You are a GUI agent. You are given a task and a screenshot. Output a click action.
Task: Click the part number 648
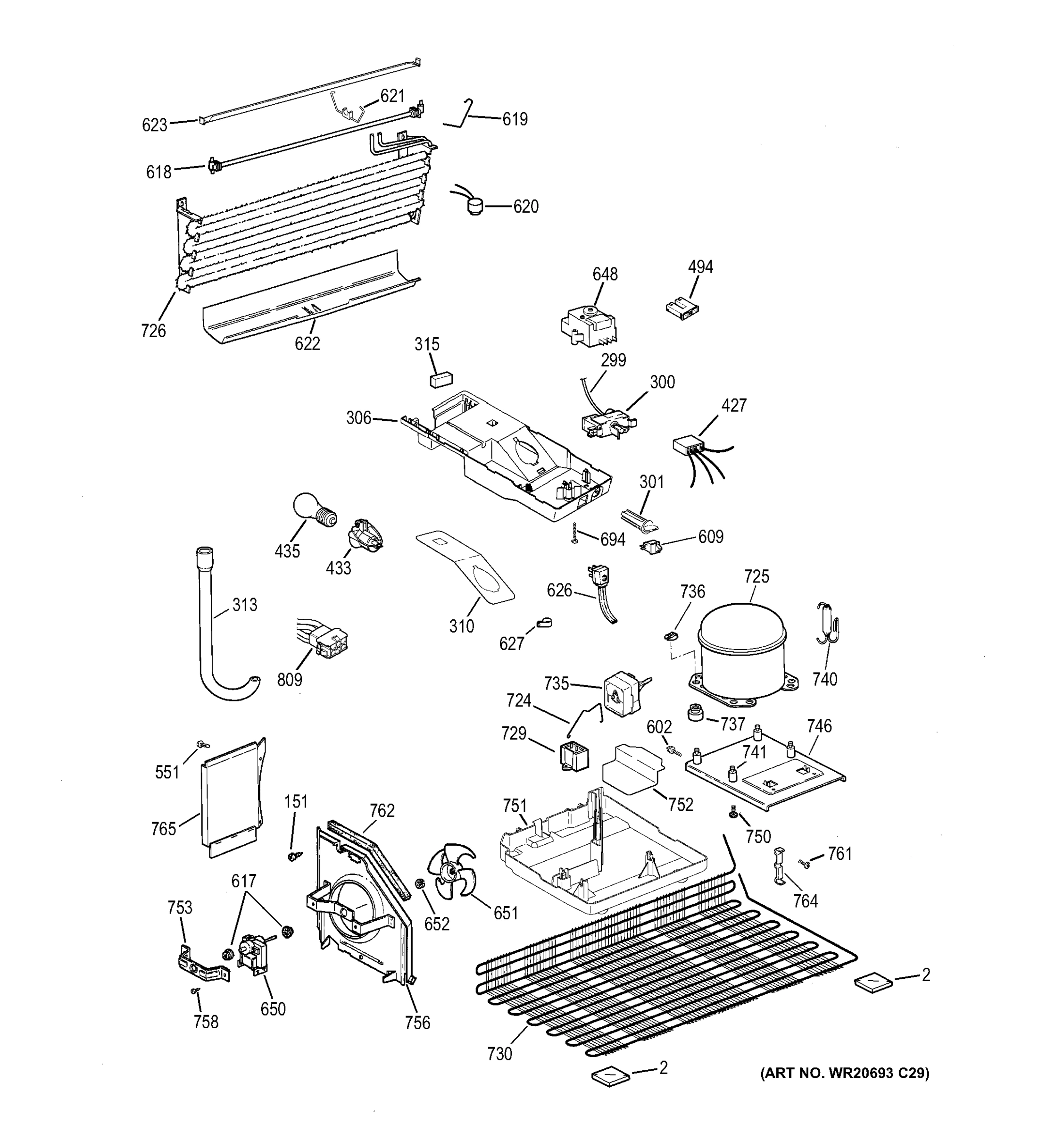[x=605, y=275]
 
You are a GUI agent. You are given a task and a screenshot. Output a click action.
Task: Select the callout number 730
[x=499, y=1055]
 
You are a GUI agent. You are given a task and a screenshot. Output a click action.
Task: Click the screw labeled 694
[x=575, y=533]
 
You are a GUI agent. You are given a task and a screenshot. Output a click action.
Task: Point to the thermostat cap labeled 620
[x=473, y=206]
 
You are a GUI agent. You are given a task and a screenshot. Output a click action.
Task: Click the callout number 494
[x=700, y=267]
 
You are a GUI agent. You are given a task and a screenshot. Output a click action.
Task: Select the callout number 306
[x=358, y=418]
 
